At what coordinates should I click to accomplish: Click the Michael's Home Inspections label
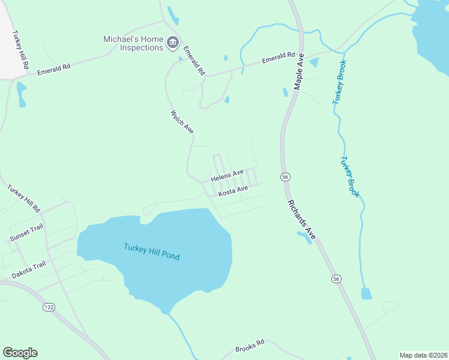[x=133, y=43]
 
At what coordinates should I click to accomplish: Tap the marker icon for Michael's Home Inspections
[x=173, y=42]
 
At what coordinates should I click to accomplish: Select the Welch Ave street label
[x=182, y=122]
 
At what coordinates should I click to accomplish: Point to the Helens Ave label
[x=227, y=176]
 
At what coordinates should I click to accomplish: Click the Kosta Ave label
[x=233, y=191]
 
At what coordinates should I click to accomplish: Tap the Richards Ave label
[x=301, y=217]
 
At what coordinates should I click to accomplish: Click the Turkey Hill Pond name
[x=152, y=251]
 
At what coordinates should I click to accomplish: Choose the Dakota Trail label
[x=29, y=270]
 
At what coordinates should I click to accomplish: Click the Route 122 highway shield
[x=49, y=307]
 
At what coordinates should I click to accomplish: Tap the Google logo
[x=20, y=353]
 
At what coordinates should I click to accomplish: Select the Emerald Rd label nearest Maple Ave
[x=278, y=59]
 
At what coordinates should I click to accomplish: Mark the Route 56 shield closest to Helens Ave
[x=285, y=176]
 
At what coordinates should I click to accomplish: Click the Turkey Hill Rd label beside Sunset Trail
[x=23, y=198]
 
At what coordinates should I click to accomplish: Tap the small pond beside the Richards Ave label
[x=304, y=236]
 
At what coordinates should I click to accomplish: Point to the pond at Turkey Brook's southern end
[x=366, y=293]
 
